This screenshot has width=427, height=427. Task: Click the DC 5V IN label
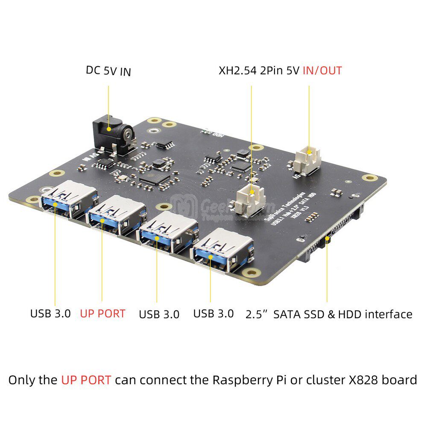click(108, 70)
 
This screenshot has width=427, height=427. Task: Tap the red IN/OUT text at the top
click(322, 70)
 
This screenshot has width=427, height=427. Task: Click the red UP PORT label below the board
click(102, 313)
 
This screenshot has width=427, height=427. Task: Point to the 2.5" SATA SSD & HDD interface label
click(329, 315)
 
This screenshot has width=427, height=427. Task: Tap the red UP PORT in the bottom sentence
click(86, 380)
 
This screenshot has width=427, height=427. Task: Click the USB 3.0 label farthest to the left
click(50, 313)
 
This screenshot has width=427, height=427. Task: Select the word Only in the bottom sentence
click(21, 380)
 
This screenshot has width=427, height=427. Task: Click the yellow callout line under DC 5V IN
click(108, 102)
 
